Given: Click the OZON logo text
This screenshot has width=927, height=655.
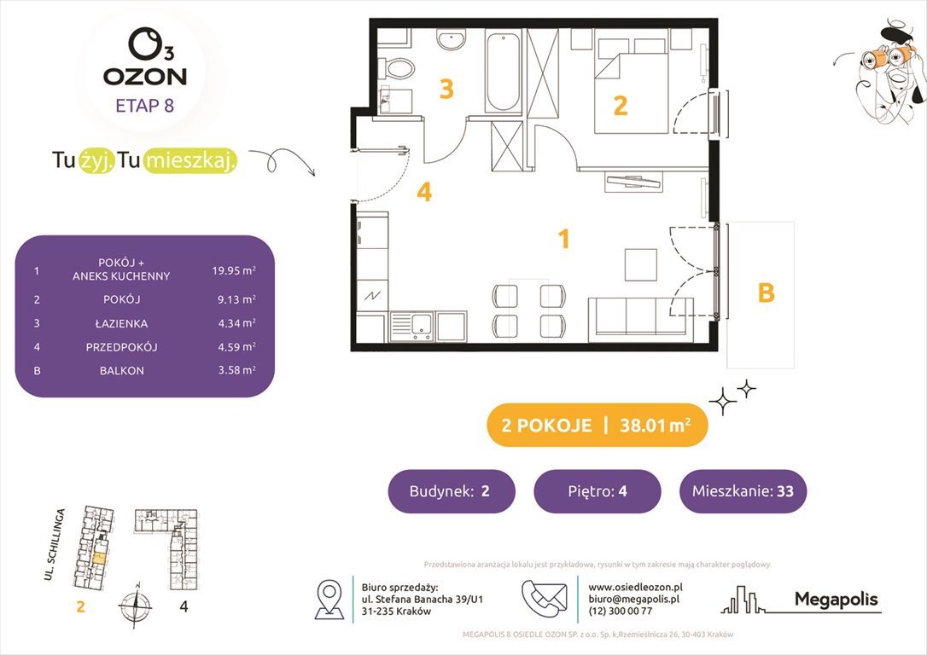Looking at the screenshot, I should pos(145,76).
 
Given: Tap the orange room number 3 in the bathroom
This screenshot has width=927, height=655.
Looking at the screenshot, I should pos(446,89).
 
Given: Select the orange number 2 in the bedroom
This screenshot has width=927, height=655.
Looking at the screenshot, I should pos(621,105).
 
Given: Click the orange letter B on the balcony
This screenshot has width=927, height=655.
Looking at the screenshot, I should pos(766,293).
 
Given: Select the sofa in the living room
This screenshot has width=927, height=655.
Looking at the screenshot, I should pos(639,316).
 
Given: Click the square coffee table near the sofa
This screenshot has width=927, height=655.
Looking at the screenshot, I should pos(641,264).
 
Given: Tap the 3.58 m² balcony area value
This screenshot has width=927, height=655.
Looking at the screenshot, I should pos(234,370).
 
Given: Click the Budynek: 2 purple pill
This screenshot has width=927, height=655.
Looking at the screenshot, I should pos(452,491).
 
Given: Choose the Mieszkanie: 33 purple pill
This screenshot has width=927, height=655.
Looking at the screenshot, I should pos(743,491).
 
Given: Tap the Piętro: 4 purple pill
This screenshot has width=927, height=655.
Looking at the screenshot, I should pos(598,491).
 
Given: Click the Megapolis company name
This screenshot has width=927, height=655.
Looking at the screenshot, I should pos(836,599).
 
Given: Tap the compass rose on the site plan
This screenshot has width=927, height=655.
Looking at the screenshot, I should pos(134,606).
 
